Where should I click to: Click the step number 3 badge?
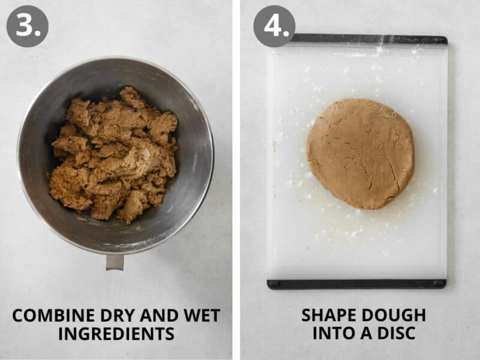point(28,26)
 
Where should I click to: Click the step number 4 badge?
point(274,26)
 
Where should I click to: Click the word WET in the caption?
point(202,316)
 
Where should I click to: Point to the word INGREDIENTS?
point(116,334)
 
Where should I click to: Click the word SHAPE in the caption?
point(326,316)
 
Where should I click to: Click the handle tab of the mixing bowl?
point(115,262)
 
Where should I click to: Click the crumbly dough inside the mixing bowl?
point(114,155)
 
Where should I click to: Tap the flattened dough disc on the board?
point(361,154)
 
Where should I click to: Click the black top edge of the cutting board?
point(368,39)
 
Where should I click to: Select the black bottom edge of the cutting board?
point(356,284)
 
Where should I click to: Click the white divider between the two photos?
point(236,180)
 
